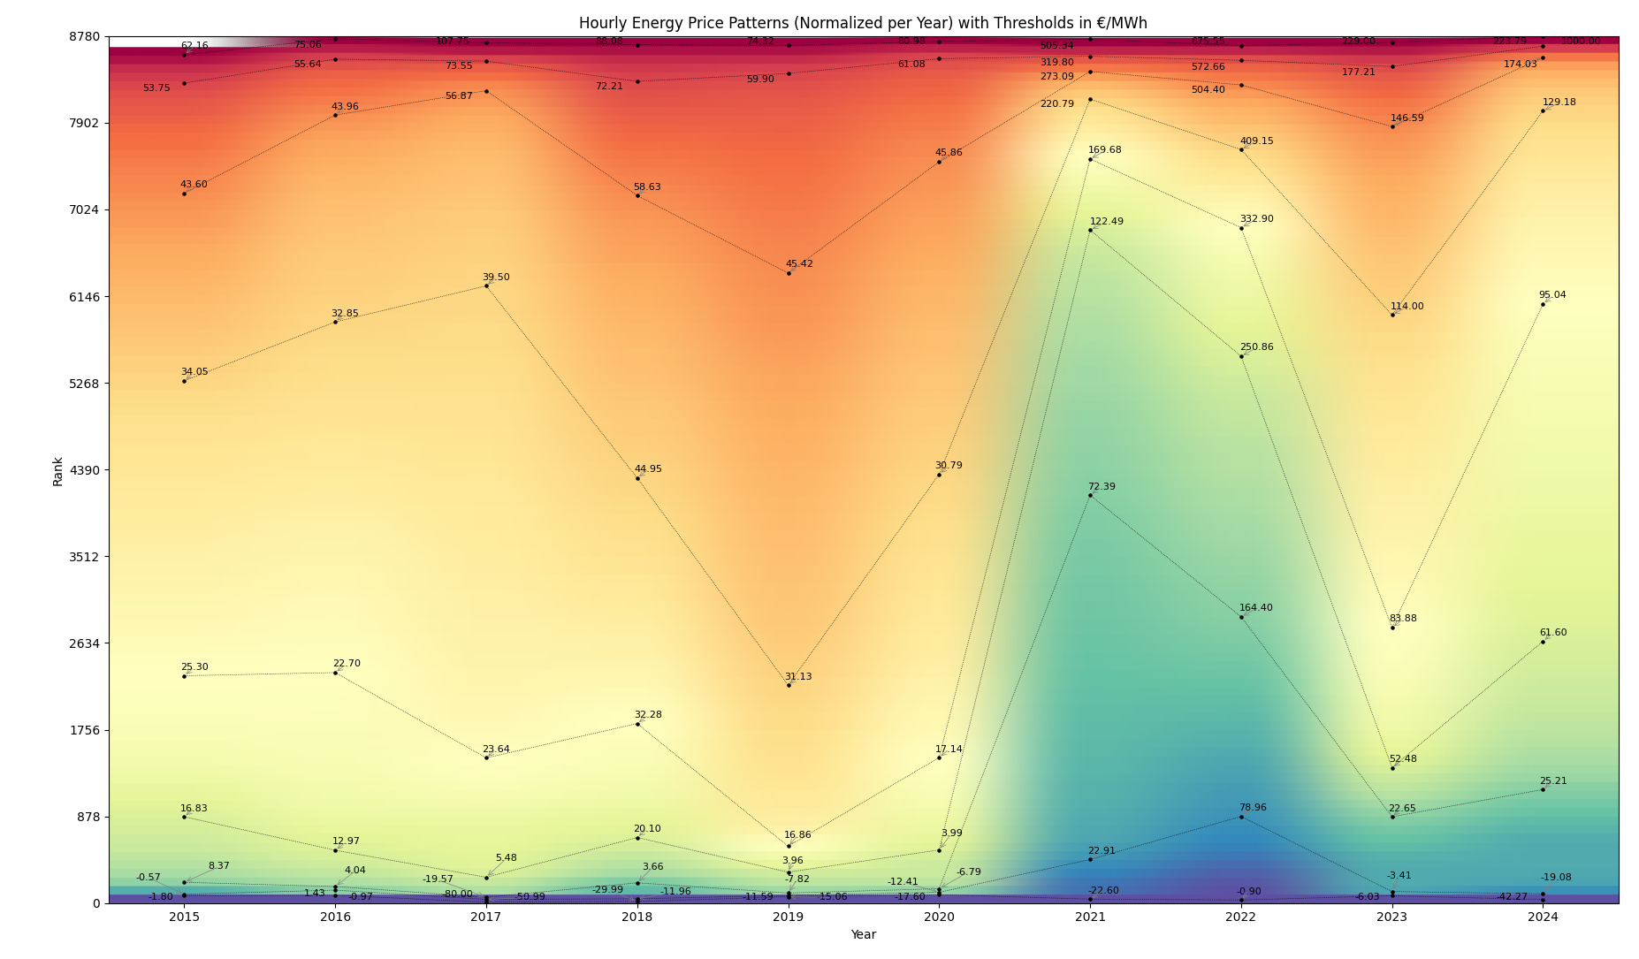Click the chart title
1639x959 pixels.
click(863, 23)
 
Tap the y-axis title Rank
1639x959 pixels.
click(58, 471)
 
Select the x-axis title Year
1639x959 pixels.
click(863, 935)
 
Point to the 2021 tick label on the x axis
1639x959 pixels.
click(1090, 917)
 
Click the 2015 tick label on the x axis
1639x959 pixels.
click(184, 917)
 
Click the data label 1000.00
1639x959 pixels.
click(1580, 42)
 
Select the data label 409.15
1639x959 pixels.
click(1256, 141)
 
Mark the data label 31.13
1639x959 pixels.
click(797, 677)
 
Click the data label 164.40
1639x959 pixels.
click(1255, 608)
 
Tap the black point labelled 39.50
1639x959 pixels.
click(486, 285)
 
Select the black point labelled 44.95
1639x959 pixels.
click(637, 478)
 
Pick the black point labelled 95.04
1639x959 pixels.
click(1543, 304)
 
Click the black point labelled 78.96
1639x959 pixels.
click(1241, 817)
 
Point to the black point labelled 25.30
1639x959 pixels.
click(184, 676)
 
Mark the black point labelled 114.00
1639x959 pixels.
click(1392, 315)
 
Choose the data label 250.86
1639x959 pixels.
click(1256, 347)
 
